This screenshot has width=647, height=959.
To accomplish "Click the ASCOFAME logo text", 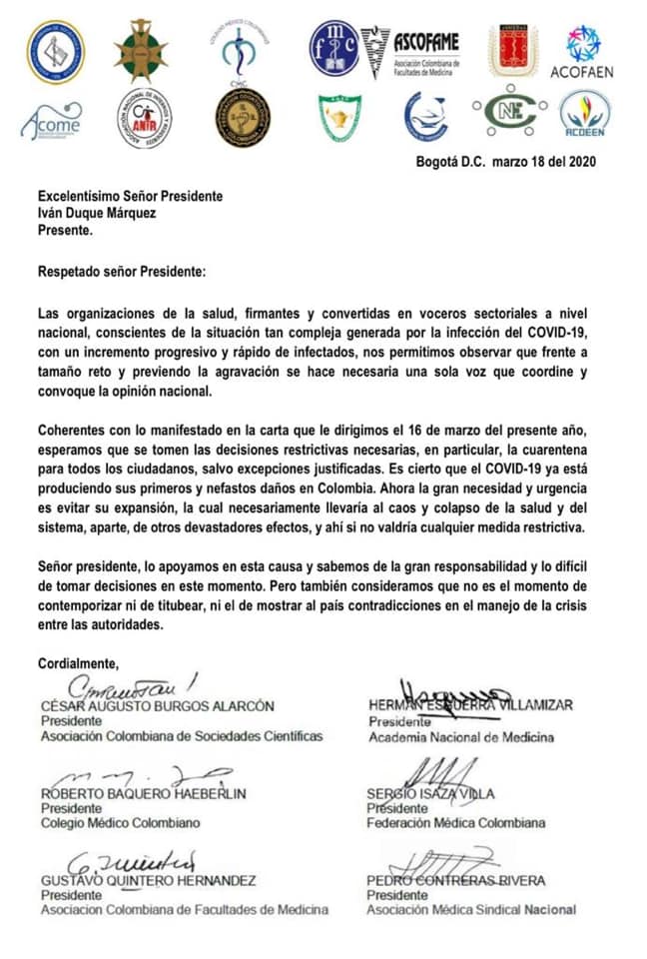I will click(x=425, y=42).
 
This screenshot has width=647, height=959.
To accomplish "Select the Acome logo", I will click(x=51, y=122).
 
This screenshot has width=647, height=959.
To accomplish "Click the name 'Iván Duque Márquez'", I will click(x=100, y=214).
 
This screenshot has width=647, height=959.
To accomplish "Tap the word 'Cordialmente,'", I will click(x=78, y=662).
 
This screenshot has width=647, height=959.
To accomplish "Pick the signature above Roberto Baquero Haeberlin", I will click(x=130, y=776).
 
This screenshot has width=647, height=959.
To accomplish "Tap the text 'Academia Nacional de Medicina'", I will click(x=460, y=738).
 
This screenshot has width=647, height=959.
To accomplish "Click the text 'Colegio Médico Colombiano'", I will click(x=120, y=823).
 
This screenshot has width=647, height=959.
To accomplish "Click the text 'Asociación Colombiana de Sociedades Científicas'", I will click(x=181, y=737).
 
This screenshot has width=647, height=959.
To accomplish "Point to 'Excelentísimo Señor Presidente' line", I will click(x=130, y=197).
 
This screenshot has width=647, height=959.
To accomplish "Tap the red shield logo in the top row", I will click(x=512, y=50).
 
